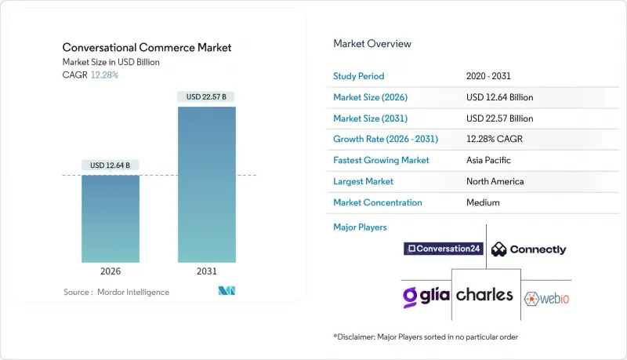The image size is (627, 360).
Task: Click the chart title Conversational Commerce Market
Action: click(146, 48)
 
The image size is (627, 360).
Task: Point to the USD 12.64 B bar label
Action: click(110, 165)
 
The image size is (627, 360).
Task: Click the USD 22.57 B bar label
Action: click(207, 97)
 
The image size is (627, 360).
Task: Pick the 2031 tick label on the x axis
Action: click(207, 271)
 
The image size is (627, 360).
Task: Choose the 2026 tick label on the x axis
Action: click(110, 271)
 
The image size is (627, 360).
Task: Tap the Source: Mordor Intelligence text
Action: click(116, 292)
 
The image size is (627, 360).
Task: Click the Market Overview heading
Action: click(372, 44)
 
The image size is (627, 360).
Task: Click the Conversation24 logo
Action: click(443, 249)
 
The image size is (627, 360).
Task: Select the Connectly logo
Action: click(528, 249)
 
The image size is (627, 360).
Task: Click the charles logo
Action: click(485, 296)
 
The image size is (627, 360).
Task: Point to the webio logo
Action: click(546, 297)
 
